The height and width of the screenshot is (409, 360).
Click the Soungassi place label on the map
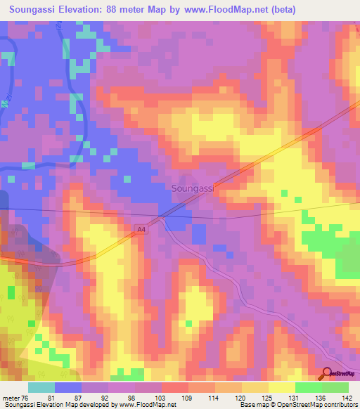pyautogui.click(x=192, y=188)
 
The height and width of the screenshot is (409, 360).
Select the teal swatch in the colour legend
pyautogui.click(x=41, y=387)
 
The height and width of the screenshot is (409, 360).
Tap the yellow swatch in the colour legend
pyautogui.click(x=281, y=387)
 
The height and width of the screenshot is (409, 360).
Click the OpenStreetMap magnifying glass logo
pyautogui.click(x=327, y=373)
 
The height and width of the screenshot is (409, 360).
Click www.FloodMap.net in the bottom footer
pyautogui.click(x=148, y=405)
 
